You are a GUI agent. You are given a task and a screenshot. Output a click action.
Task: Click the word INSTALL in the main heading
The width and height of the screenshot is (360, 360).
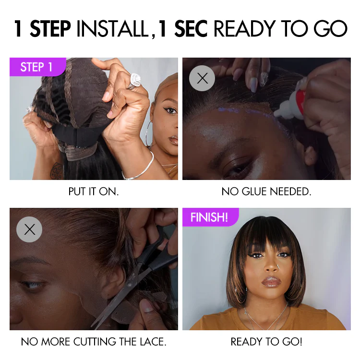tap(112, 29)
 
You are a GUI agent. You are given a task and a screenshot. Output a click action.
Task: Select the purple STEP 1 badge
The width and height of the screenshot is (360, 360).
tap(36, 67)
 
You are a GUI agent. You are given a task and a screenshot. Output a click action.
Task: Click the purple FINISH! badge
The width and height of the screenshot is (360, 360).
tap(209, 217)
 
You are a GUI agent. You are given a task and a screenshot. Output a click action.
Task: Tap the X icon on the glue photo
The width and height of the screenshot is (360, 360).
tap(202, 78)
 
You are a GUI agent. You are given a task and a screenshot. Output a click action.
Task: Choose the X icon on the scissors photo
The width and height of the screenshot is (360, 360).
tap(29, 229)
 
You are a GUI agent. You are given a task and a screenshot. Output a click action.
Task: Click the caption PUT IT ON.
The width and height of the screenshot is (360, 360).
tap(94, 192)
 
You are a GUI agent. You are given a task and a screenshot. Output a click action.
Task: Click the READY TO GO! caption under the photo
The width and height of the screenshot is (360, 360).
tap(266, 342)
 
